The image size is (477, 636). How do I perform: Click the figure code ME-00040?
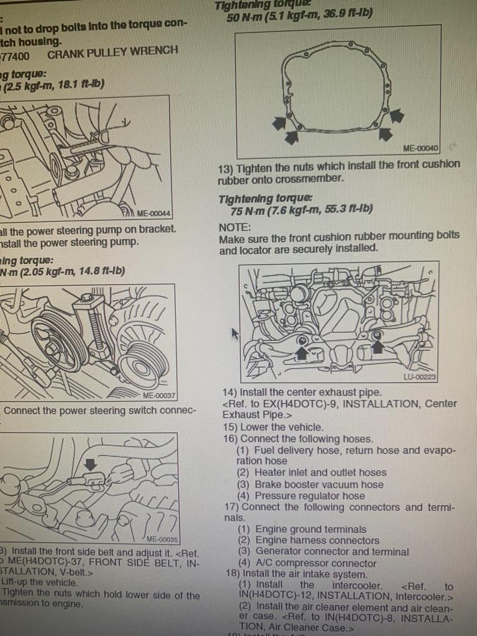(420, 148)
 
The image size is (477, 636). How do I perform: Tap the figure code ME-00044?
(153, 212)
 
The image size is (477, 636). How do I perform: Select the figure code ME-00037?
(159, 395)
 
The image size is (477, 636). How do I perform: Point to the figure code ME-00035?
(162, 539)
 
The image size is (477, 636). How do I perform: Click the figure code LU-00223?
(420, 376)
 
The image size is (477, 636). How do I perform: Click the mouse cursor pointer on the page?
(235, 334)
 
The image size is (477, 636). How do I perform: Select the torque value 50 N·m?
(243, 17)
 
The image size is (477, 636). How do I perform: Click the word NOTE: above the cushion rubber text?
(235, 227)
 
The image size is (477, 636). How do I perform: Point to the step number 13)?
(225, 168)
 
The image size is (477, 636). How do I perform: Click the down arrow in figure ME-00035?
(90, 464)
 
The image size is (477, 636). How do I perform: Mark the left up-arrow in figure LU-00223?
(302, 353)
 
